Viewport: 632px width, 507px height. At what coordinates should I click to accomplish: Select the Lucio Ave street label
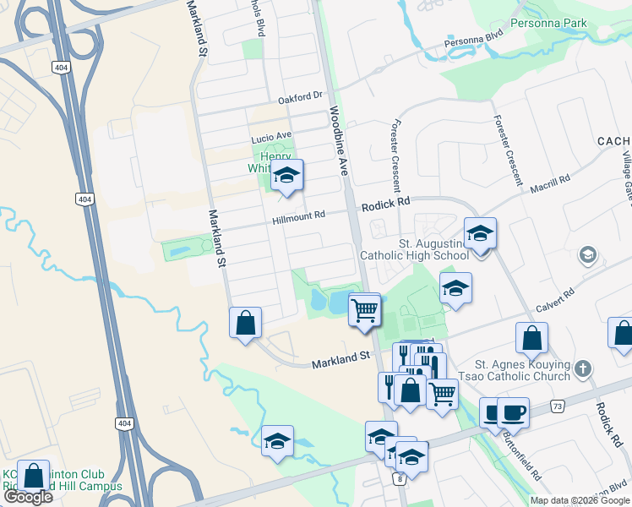270,135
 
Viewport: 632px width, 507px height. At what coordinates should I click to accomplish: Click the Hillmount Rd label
298,217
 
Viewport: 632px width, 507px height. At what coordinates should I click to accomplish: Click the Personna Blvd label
475,40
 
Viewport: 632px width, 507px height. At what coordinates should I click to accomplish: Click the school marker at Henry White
286,175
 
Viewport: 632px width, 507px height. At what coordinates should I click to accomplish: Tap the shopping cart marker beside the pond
364,309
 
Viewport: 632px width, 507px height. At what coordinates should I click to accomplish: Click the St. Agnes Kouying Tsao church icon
583,368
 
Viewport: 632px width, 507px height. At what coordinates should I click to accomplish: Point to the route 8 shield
398,479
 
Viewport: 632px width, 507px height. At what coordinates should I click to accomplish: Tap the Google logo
28,497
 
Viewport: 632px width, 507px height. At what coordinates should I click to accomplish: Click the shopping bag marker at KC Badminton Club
33,476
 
